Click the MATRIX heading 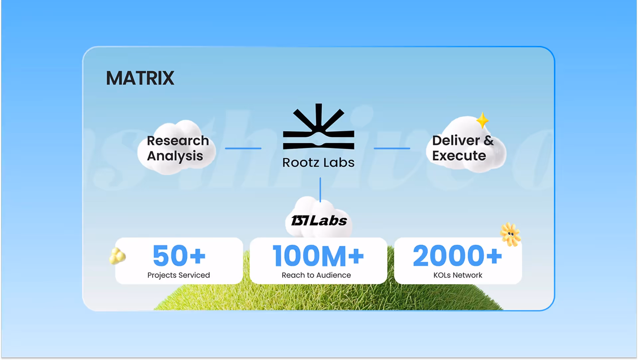[140, 78]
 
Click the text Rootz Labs [318, 163]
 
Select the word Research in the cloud [178, 141]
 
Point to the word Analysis [175, 156]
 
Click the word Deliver [456, 141]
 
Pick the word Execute [459, 156]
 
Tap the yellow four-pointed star [482, 120]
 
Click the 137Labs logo [319, 221]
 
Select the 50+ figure [179, 256]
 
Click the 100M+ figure [318, 256]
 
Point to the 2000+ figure [457, 256]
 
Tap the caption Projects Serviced [178, 275]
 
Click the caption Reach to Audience [316, 275]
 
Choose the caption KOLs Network [458, 275]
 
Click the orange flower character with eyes [510, 234]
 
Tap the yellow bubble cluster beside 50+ [117, 256]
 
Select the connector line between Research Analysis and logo [243, 148]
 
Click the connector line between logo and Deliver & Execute [392, 148]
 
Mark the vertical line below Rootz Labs [320, 189]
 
